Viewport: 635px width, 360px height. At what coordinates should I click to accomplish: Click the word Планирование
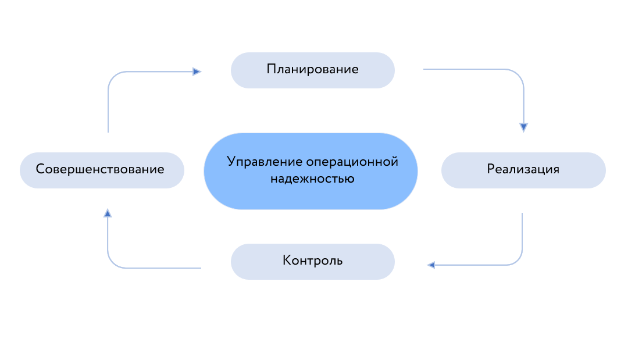(x=312, y=69)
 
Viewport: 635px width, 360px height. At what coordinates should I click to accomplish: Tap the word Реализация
(x=523, y=169)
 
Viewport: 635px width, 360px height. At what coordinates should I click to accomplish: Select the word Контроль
(x=313, y=260)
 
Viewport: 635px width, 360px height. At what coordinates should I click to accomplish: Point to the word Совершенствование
(x=100, y=169)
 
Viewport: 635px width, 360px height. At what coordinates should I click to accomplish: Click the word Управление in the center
(x=265, y=162)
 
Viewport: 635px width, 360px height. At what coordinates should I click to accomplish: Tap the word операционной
(x=352, y=162)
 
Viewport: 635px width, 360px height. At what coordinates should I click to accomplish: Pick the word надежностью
(x=312, y=179)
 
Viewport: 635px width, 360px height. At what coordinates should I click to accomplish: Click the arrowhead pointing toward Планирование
(x=197, y=72)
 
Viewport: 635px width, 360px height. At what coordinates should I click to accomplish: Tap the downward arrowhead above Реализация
(x=523, y=127)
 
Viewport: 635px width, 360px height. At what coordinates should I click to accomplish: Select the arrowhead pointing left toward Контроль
(x=431, y=265)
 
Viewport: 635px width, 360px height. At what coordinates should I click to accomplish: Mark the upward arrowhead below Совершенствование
(x=108, y=213)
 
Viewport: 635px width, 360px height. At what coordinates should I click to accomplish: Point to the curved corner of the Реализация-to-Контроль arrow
(x=517, y=260)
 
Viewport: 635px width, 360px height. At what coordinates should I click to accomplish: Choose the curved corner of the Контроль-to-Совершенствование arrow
(x=113, y=262)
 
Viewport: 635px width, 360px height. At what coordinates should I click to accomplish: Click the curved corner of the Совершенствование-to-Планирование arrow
(x=114, y=77)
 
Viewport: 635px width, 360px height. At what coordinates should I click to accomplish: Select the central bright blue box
(x=311, y=172)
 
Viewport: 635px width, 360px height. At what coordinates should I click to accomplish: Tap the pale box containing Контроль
(x=313, y=262)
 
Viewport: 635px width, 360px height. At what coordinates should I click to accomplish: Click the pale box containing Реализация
(x=523, y=170)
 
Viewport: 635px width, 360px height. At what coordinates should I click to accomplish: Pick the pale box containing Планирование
(x=313, y=70)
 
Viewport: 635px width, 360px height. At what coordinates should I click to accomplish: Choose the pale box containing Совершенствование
(x=102, y=170)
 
